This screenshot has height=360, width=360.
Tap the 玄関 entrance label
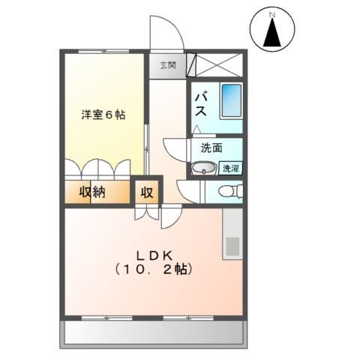[166, 65]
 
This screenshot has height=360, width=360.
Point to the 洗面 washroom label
[211, 148]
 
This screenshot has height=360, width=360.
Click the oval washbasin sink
[202, 169]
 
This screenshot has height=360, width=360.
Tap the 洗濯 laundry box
[231, 169]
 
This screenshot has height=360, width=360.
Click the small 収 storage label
[147, 192]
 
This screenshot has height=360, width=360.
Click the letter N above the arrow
[273, 13]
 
